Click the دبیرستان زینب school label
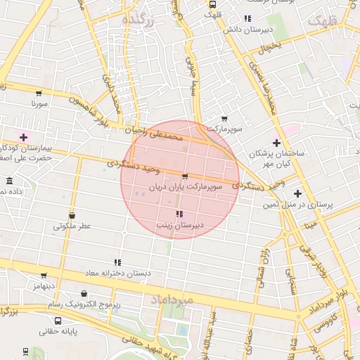tap(179, 225)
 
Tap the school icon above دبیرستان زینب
tap(179, 214)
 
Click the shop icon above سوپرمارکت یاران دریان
tap(185, 176)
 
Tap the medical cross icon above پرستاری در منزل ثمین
tap(297, 193)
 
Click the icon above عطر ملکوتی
tap(72, 215)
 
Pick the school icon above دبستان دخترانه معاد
tap(117, 262)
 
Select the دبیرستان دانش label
tap(247, 30)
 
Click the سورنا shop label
tap(38, 103)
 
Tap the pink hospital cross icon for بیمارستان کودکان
tap(24, 137)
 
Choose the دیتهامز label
tap(43, 287)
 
